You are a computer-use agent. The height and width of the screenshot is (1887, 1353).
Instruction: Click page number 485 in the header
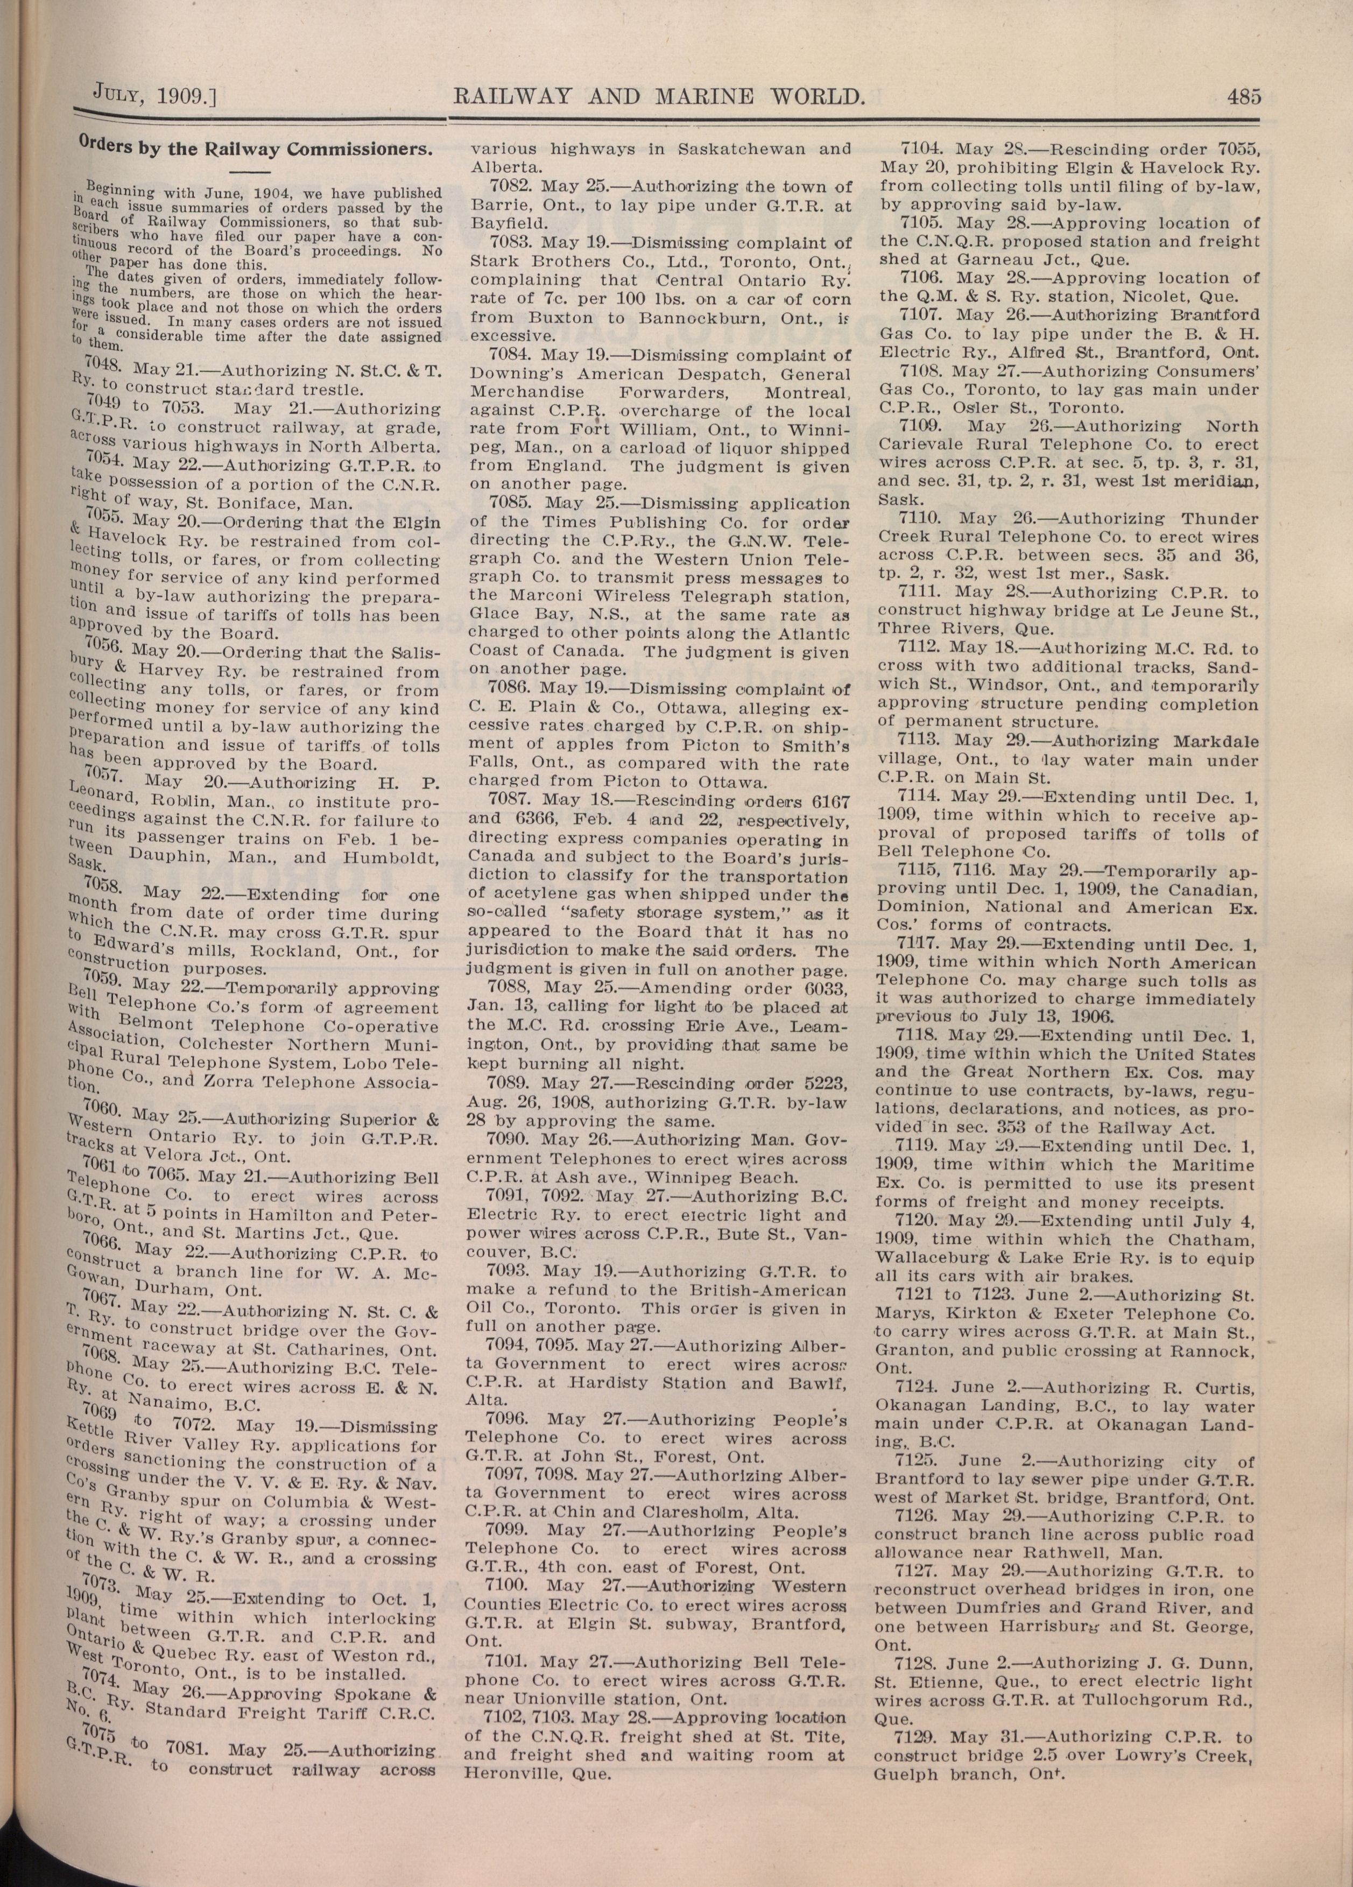coord(1243,96)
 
